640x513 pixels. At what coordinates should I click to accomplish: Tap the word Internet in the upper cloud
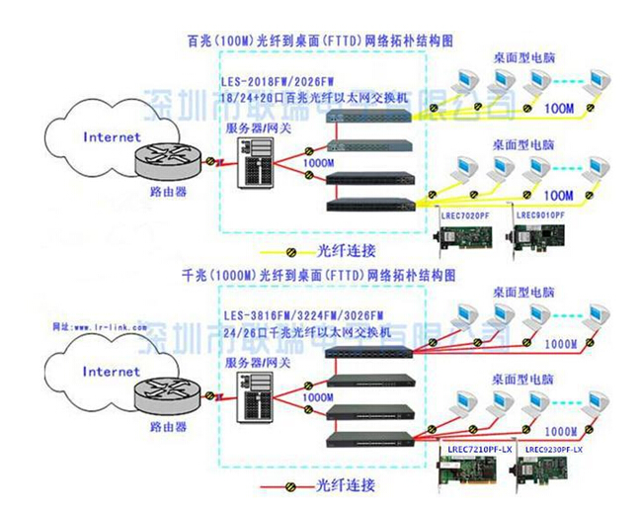click(112, 137)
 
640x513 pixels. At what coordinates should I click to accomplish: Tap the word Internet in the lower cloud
click(112, 372)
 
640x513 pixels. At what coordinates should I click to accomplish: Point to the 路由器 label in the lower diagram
click(167, 428)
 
